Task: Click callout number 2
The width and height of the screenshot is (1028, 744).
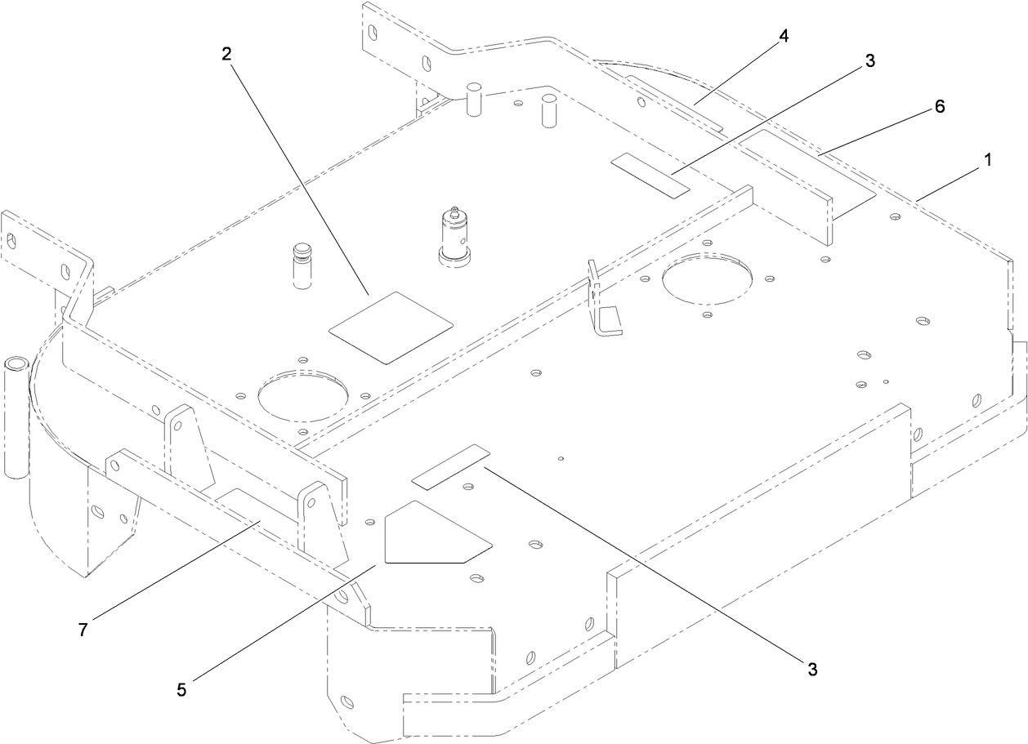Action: (x=226, y=54)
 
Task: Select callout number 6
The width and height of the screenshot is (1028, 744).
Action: (x=940, y=106)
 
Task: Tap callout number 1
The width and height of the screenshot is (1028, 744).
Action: (x=987, y=161)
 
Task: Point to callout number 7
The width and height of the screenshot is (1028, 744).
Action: (x=83, y=630)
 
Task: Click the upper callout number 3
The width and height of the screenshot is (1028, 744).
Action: (x=870, y=60)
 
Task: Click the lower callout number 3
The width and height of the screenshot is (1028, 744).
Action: (x=811, y=670)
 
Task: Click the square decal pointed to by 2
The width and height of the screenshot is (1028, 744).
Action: (x=391, y=327)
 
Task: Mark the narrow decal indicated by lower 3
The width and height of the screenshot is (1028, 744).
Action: (x=450, y=466)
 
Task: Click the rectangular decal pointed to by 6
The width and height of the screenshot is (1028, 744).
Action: (x=805, y=170)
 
